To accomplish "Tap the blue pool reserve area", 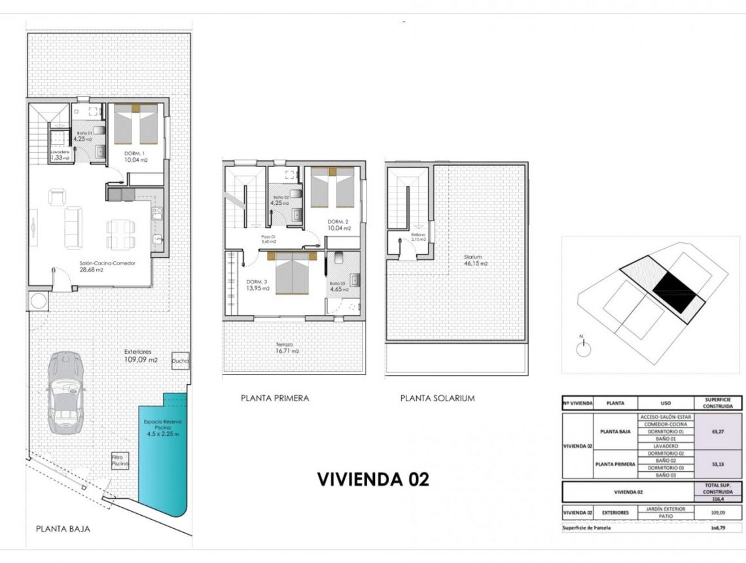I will point(163,458).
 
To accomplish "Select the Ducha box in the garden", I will point(181,361).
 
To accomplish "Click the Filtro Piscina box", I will point(120,460).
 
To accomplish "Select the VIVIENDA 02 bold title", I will point(373,479).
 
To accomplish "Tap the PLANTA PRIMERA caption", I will point(275,398).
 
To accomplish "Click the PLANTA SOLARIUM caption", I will point(437,398).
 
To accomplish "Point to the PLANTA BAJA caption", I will point(63,529).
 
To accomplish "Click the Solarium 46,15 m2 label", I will point(476,261).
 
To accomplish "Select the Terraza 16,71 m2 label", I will point(286,348).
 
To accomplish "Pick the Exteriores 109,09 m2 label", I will point(141,355).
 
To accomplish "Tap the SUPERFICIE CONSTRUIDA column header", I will point(718,403).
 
